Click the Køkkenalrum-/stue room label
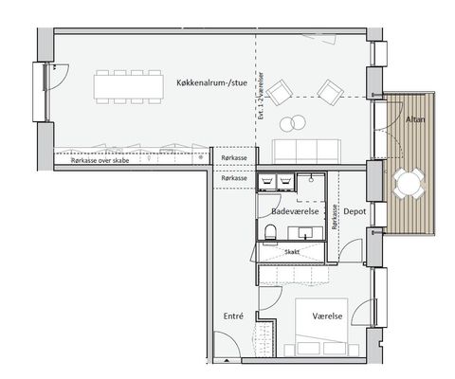[211, 83]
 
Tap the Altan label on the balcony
[415, 119]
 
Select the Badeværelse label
[295, 211]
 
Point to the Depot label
[355, 211]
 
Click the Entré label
[233, 316]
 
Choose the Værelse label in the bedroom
[327, 316]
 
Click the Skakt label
[292, 252]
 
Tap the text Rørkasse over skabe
[100, 160]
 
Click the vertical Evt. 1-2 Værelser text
[261, 96]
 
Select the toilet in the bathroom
[271, 232]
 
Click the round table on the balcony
[409, 183]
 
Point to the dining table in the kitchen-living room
[129, 86]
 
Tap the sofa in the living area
[306, 151]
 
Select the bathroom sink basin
[305, 233]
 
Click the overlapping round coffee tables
[293, 123]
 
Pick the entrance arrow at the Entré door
[227, 360]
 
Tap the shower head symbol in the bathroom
[312, 178]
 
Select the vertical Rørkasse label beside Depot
[335, 217]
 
